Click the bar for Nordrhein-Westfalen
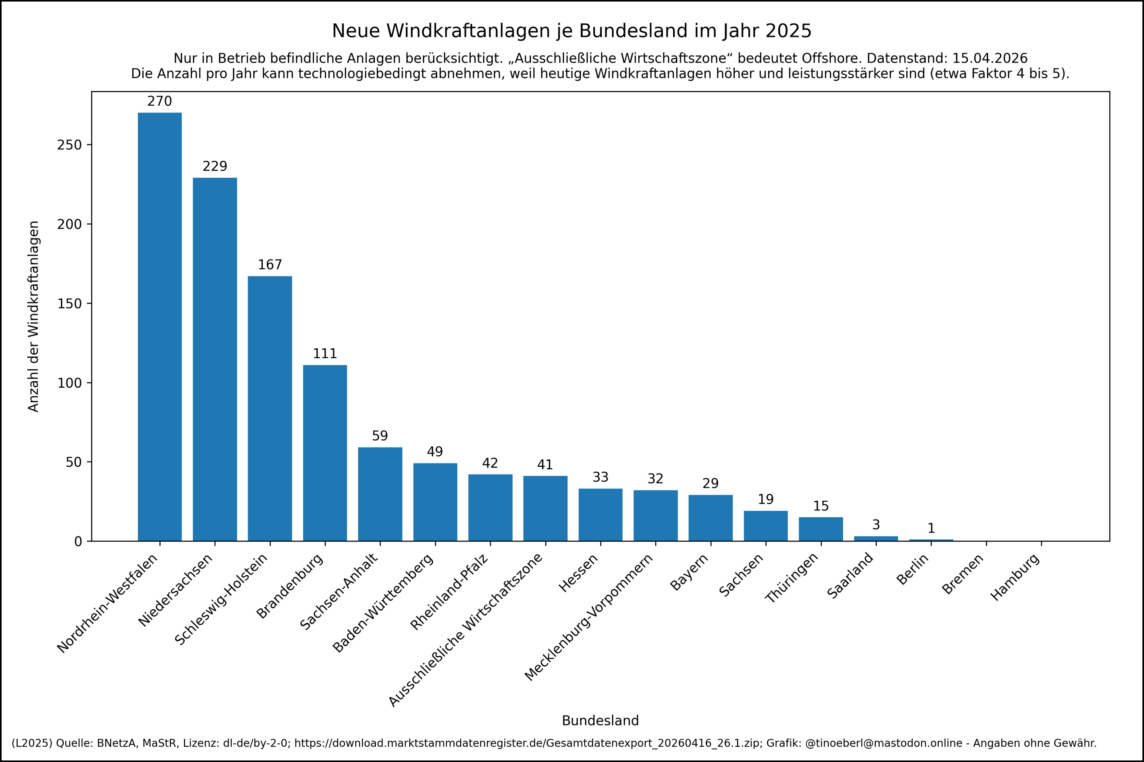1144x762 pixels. coord(160,327)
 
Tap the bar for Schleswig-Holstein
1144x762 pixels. coord(270,408)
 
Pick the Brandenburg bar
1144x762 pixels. coord(325,452)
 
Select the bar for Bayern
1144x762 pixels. coord(710,518)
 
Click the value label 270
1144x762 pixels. coord(160,101)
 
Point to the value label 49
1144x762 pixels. coord(435,452)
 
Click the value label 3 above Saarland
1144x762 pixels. coord(876,525)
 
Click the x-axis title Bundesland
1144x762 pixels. coord(600,721)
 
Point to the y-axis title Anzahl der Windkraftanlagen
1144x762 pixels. coord(33,316)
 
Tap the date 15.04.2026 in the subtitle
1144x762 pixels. coord(989,59)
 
